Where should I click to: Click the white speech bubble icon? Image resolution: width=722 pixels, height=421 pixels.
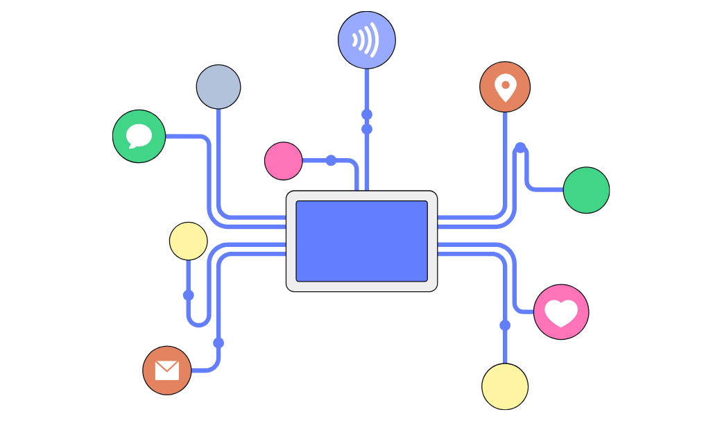pos(139,135)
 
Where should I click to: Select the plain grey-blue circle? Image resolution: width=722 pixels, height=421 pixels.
pos(218,87)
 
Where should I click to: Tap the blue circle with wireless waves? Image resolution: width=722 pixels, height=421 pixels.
pos(367,40)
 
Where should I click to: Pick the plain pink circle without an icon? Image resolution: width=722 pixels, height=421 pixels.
pos(284,161)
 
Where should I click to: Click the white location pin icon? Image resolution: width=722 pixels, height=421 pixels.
pos(505,87)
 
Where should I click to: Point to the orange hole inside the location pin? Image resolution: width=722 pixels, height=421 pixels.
pos(506,85)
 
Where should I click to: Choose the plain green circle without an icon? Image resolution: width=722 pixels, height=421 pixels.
pos(586,190)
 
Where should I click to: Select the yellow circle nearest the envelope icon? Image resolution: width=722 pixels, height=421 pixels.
pos(189,241)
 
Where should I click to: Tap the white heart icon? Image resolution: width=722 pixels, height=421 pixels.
pos(561,313)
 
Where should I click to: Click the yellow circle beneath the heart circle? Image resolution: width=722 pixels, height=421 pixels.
pos(505,386)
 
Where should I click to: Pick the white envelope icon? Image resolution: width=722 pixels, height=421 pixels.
pos(167,370)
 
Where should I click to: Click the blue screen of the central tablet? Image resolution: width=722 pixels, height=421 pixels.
pos(361,241)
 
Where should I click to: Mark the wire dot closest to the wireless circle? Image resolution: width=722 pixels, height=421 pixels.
pos(367,114)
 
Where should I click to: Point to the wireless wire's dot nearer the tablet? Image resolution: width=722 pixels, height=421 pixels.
pos(367,129)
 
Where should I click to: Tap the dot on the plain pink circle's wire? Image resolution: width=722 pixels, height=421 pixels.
pos(331,160)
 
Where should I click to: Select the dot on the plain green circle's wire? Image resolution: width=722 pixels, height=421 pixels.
pos(520,148)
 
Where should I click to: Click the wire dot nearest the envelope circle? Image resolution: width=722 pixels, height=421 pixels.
pos(218,343)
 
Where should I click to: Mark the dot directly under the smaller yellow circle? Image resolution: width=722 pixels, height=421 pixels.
pos(189,295)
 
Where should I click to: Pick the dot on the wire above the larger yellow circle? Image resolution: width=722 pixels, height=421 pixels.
pos(505,325)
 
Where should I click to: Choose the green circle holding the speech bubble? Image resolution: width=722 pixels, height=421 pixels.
pos(139,136)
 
